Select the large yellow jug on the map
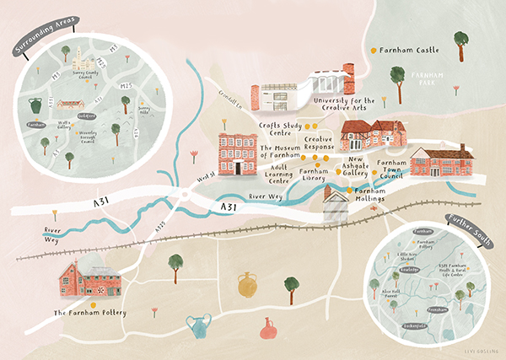(246, 285)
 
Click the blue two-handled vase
(198, 326)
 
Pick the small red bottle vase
(268, 329)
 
